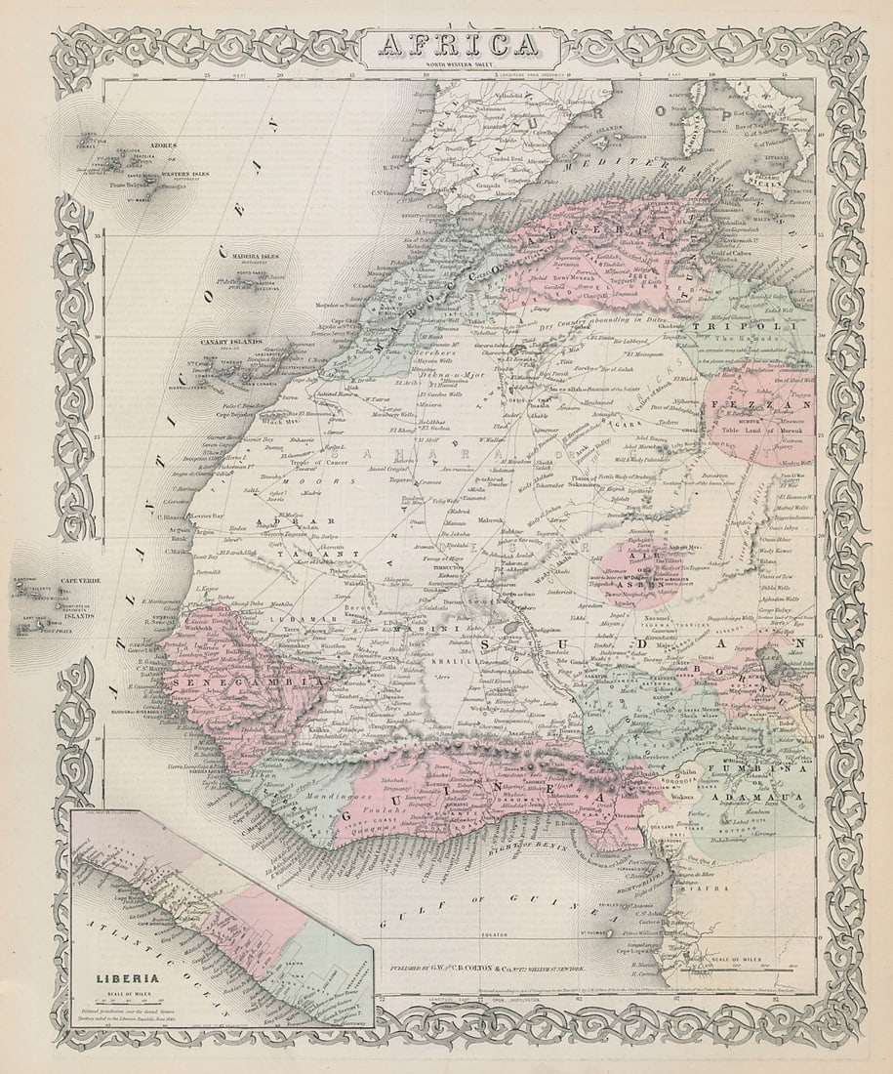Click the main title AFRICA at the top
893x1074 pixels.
click(457, 46)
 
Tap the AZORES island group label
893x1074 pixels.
click(163, 145)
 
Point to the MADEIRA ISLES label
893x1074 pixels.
click(256, 257)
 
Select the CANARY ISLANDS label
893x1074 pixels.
click(230, 342)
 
